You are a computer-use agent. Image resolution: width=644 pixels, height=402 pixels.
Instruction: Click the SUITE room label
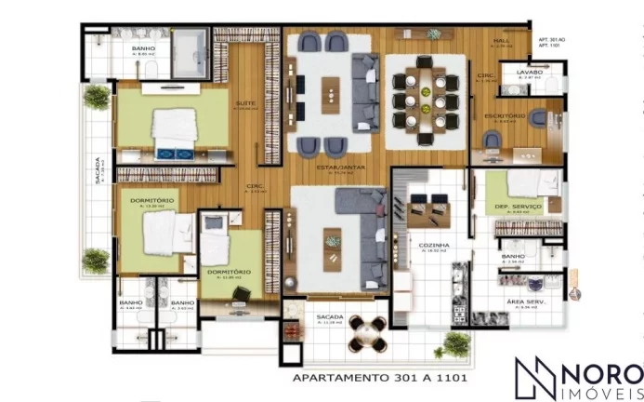pyautogui.click(x=245, y=103)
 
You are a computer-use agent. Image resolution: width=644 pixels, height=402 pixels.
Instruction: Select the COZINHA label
pyautogui.click(x=434, y=245)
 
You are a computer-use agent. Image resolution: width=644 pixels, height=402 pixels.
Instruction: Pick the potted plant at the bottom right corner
pyautogui.click(x=455, y=344)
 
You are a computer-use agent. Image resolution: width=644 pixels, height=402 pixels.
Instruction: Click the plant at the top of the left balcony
pyautogui.click(x=96, y=98)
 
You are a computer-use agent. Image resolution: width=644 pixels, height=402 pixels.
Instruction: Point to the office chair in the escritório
pyautogui.click(x=492, y=140)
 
